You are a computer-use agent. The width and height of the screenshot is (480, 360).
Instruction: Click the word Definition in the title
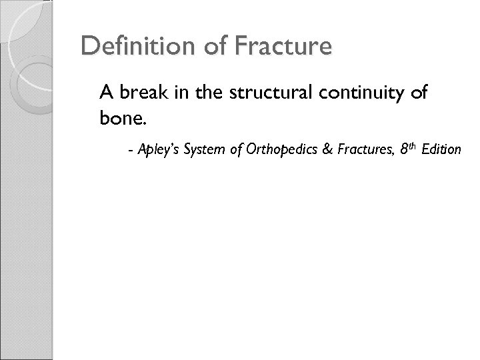pos(131,47)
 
